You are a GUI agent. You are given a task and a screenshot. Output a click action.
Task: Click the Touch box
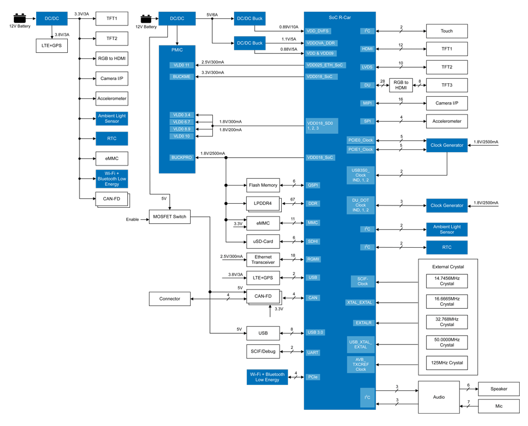pyautogui.click(x=446, y=31)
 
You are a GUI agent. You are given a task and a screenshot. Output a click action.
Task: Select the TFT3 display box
pyautogui.click(x=446, y=85)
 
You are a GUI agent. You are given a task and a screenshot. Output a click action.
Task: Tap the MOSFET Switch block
pyautogui.click(x=170, y=217)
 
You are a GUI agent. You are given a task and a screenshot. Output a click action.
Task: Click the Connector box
pyautogui.click(x=170, y=299)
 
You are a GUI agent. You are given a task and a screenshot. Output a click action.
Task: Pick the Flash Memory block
pyautogui.click(x=263, y=185)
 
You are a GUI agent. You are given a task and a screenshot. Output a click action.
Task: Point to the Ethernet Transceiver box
pyautogui.click(x=263, y=259)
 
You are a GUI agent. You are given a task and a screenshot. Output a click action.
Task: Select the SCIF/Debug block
pyautogui.click(x=263, y=352)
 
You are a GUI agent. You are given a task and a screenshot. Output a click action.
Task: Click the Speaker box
pyautogui.click(x=499, y=389)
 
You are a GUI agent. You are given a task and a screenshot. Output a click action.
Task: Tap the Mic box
pyautogui.click(x=499, y=407)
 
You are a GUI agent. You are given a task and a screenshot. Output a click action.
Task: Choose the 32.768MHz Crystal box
pyautogui.click(x=446, y=322)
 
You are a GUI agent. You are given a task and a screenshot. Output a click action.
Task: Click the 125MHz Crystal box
pyautogui.click(x=446, y=363)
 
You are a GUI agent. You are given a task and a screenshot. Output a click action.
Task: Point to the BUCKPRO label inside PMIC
pyautogui.click(x=182, y=158)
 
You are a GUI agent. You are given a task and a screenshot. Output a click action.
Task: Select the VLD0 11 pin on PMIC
pyautogui.click(x=182, y=66)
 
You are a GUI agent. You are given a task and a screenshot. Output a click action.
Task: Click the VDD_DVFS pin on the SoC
pyautogui.click(x=318, y=31)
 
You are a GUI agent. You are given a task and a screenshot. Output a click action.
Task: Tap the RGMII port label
pyautogui.click(x=313, y=259)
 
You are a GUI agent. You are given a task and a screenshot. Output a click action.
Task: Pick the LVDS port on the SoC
pyautogui.click(x=367, y=67)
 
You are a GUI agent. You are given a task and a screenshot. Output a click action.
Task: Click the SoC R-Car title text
pyautogui.click(x=340, y=18)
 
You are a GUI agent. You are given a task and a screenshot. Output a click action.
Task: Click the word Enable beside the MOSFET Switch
pyautogui.click(x=132, y=220)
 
